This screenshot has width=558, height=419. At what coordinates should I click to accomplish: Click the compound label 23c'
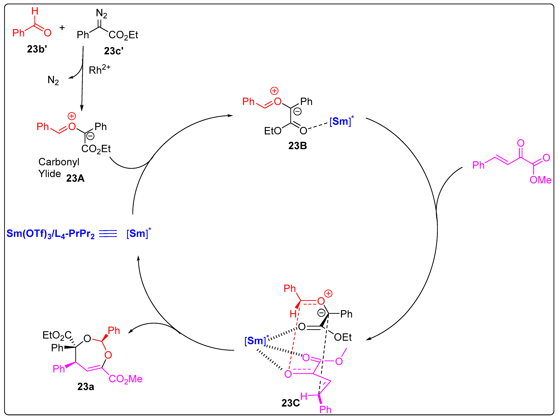[x=113, y=51]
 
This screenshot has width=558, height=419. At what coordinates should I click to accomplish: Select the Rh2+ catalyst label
[x=99, y=70]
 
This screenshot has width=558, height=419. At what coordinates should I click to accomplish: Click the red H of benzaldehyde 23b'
[x=35, y=11]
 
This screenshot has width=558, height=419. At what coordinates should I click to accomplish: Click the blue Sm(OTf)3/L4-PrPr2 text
[x=50, y=234]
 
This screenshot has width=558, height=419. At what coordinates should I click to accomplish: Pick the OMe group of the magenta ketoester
[x=540, y=180]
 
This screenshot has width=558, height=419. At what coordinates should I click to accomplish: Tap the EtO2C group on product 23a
[x=57, y=335]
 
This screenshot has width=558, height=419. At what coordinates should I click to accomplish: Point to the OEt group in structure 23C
[x=343, y=337]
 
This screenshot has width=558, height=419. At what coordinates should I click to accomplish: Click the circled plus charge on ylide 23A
[x=72, y=116]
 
